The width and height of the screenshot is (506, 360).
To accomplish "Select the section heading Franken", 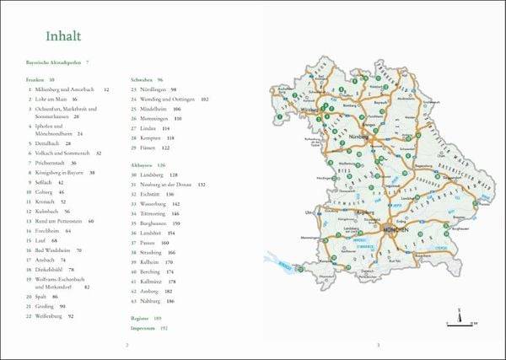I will (36, 79).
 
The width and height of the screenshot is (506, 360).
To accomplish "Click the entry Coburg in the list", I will (46, 192).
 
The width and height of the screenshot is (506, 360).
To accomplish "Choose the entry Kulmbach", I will (48, 212).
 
